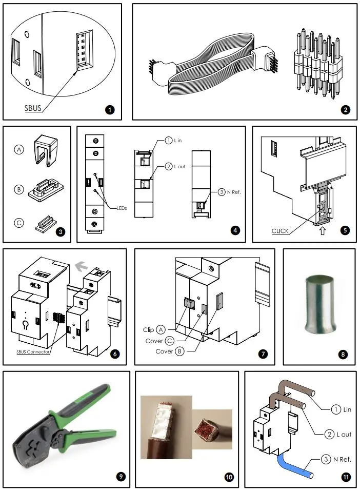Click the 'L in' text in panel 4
pyautogui.click(x=181, y=141)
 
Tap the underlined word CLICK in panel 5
pyautogui.click(x=280, y=231)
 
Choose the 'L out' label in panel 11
pyautogui.click(x=344, y=435)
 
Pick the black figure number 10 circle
pyautogui.click(x=229, y=477)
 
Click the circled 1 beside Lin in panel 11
pyautogui.click(x=335, y=409)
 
